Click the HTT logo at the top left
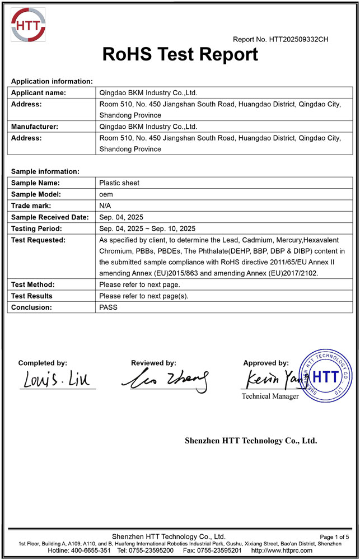click(28, 25)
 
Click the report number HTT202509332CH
click(280, 39)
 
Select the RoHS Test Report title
click(180, 54)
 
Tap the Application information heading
click(52, 81)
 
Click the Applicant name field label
click(39, 93)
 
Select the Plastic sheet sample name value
click(119, 183)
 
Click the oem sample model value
click(106, 194)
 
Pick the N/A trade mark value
click(105, 206)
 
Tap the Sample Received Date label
click(50, 217)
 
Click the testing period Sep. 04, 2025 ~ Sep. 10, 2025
click(147, 228)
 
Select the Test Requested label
click(39, 240)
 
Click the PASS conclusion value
click(109, 307)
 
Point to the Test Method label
click(33, 284)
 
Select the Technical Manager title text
click(270, 396)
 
